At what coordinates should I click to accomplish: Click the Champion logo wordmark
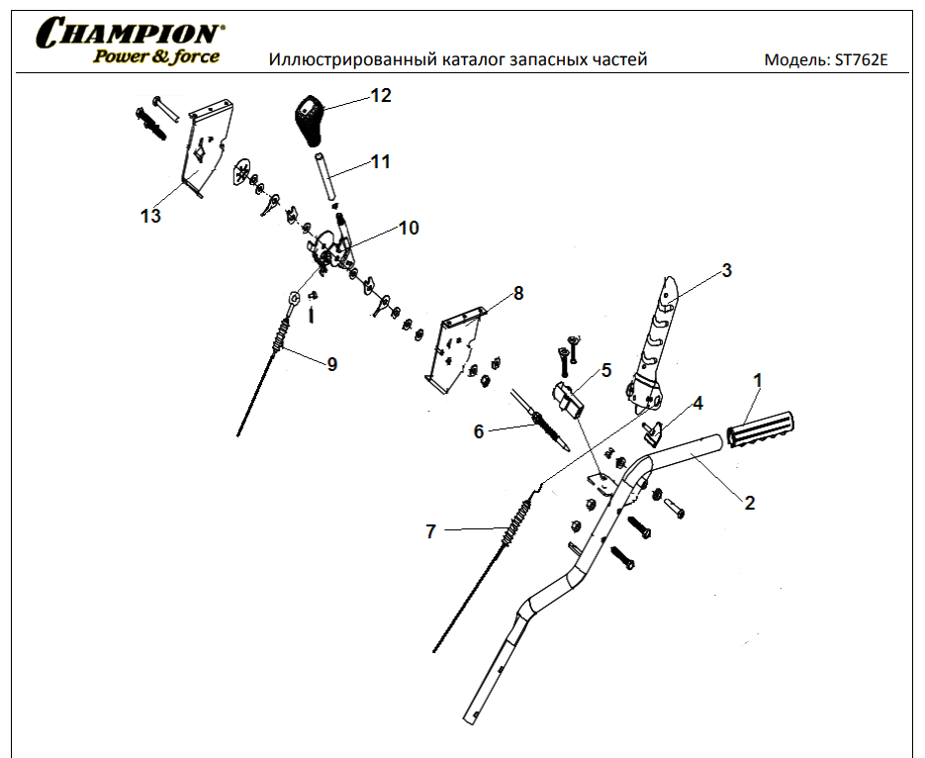(129, 33)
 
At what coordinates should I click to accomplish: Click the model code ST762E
(861, 59)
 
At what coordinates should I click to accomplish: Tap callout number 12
(381, 96)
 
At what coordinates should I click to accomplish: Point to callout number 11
(381, 161)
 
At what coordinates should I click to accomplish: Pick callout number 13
(150, 216)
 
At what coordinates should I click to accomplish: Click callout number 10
(409, 228)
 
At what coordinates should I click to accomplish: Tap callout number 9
(332, 364)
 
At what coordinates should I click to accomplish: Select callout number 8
(518, 294)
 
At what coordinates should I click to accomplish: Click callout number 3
(726, 270)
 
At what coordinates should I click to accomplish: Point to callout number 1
(759, 380)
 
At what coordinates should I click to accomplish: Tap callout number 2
(750, 503)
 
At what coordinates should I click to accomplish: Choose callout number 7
(430, 531)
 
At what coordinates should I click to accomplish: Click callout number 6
(479, 431)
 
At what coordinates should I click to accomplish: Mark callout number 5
(606, 370)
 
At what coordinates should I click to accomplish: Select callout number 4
(697, 404)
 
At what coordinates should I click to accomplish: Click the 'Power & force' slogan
(156, 56)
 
